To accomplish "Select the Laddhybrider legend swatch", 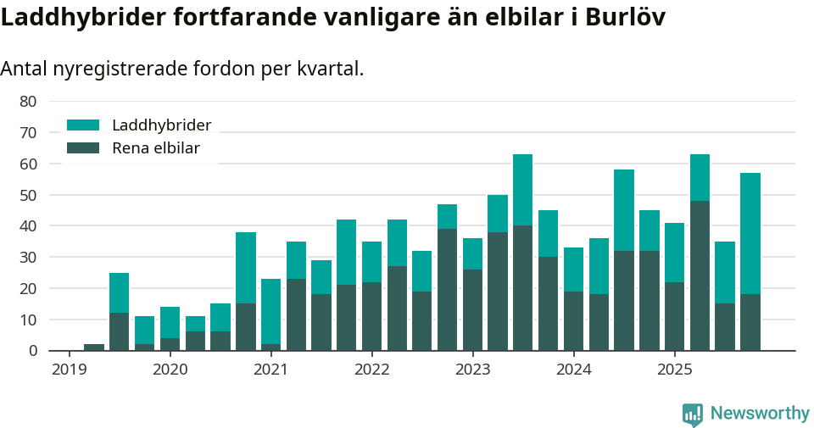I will point(83,125).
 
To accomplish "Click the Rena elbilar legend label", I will point(155,148).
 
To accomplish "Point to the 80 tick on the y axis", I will point(28,101).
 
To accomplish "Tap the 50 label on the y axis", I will point(28,195).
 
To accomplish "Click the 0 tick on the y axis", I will point(32,351).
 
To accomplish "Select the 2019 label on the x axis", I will point(70,370).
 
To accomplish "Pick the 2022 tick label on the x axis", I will point(371,370).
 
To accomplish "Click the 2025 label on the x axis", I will point(674,370).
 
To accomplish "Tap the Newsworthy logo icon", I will point(692,414).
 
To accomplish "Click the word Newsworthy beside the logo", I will point(760,414).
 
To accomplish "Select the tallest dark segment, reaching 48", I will point(700,275).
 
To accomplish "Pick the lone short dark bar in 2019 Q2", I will point(94,347).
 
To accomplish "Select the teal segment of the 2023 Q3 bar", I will point(523,190).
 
